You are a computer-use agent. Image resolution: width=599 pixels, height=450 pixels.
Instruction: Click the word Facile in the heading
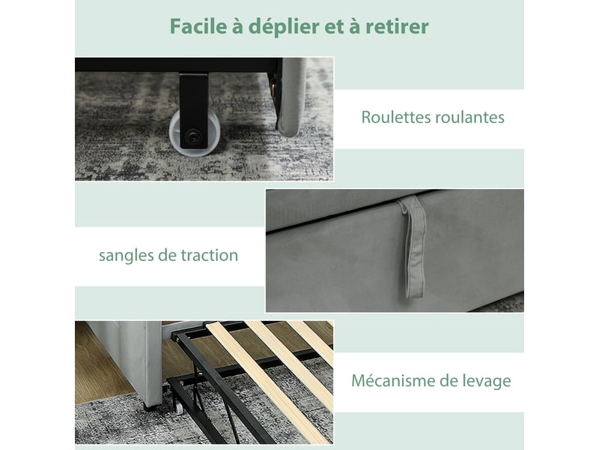pos(198,26)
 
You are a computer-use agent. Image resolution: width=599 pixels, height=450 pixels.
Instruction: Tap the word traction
pos(210,255)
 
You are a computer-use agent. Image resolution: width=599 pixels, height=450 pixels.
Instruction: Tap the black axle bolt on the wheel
pos(192,135)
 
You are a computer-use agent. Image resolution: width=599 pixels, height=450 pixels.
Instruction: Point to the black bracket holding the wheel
pos(194,110)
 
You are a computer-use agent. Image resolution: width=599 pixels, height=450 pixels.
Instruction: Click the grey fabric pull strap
pos(414,247)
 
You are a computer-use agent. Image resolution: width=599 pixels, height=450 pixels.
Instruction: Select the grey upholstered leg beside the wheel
pos(291,97)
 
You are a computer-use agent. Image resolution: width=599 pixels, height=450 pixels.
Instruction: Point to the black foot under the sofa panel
pos(149,406)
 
